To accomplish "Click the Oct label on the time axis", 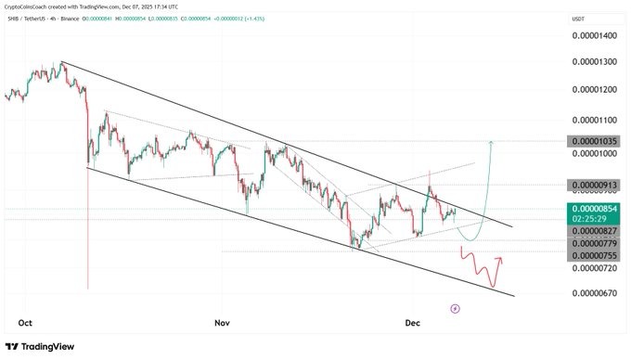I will (x=26, y=323).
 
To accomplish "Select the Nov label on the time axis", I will (x=222, y=323).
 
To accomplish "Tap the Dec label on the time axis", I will (x=413, y=323).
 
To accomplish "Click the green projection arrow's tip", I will (x=490, y=142).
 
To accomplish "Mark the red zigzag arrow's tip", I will (x=502, y=259).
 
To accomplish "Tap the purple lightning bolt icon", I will (x=455, y=307).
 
